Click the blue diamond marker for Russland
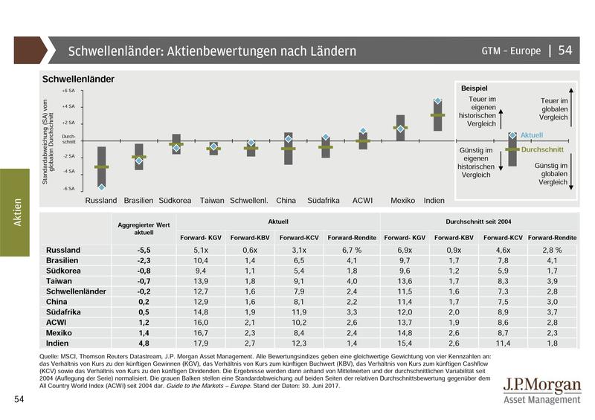coord(101,187)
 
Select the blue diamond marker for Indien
coord(438,101)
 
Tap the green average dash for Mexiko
coord(400,128)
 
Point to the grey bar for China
coord(289,149)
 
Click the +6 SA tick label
coord(68,91)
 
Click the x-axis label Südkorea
coord(176,201)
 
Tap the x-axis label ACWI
coord(362,201)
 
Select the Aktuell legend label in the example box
coord(533,135)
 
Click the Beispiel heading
coord(475,88)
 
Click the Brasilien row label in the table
coord(63,261)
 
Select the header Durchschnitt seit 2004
coord(480,222)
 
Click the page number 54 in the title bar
coord(565,51)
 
